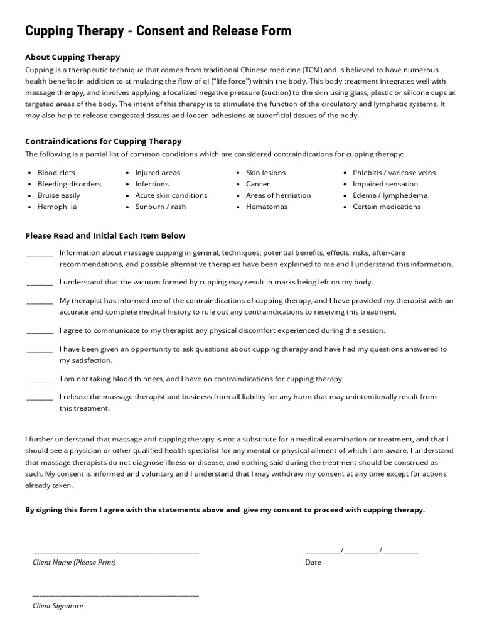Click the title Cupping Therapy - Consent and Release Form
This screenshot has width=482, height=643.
[x=158, y=31]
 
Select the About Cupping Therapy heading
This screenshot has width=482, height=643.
[x=72, y=57]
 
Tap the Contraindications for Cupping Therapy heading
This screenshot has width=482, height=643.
[x=103, y=141]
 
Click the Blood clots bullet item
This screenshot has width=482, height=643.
[x=56, y=173]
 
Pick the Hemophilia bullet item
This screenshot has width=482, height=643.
[x=57, y=207]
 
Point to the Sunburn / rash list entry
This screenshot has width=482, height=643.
[x=160, y=207]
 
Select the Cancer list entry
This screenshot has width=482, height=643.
[x=257, y=184]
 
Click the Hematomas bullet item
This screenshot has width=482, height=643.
[x=266, y=207]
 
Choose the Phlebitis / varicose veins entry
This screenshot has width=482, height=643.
[x=394, y=173]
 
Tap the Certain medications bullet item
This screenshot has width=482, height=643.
[x=387, y=207]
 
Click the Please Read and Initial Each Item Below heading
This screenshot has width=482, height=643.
[x=105, y=236]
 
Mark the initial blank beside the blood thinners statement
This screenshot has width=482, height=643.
[x=40, y=380]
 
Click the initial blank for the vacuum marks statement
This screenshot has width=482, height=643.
[x=40, y=283]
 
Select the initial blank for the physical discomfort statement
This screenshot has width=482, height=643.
[x=40, y=332]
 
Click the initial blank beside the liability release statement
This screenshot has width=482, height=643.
[x=40, y=398]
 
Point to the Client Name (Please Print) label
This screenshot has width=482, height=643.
[x=74, y=562]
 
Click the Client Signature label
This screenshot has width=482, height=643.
[x=58, y=606]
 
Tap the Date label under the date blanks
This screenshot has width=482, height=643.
[x=313, y=562]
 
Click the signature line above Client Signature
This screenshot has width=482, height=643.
[x=115, y=595]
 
